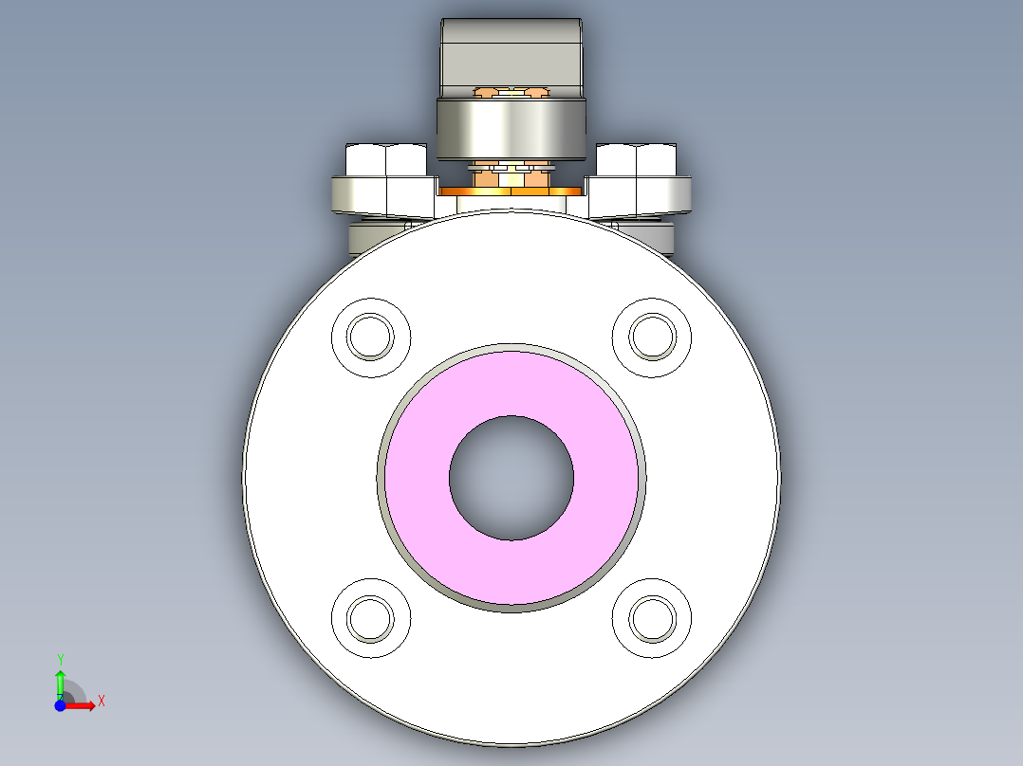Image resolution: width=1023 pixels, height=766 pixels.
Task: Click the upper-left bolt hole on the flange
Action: [370, 337]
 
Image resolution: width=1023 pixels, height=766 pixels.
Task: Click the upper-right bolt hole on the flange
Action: [653, 337]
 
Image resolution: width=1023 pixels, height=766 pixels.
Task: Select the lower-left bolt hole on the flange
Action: [370, 618]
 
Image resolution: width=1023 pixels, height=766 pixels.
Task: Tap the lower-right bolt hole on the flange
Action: [653, 618]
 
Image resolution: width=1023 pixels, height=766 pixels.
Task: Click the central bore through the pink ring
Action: [512, 478]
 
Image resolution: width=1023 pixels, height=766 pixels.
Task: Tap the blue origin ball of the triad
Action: [60, 705]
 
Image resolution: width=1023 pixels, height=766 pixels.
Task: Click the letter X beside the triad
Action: [102, 702]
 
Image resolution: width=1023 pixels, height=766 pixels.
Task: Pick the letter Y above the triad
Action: [60, 659]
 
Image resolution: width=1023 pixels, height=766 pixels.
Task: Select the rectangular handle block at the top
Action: [512, 52]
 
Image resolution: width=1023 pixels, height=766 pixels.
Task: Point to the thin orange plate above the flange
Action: [512, 191]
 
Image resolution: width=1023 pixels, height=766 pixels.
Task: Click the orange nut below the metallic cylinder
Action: [487, 176]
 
